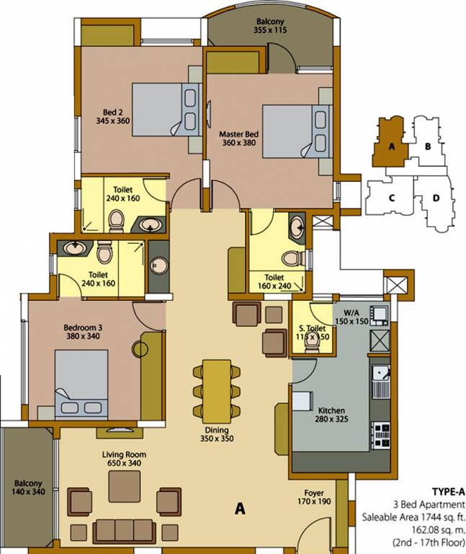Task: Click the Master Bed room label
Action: [x=239, y=134]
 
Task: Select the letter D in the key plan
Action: [x=436, y=198]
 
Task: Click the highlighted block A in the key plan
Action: [x=390, y=145]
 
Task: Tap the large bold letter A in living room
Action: [x=240, y=509]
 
